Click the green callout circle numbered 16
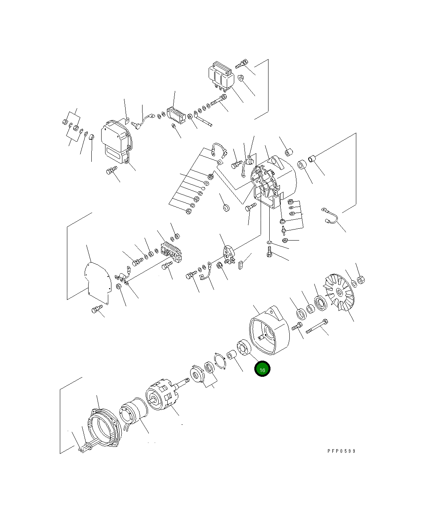[262, 369]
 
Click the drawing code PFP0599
[341, 451]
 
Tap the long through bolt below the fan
[316, 327]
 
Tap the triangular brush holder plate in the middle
[229, 254]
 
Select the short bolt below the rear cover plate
[96, 310]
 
